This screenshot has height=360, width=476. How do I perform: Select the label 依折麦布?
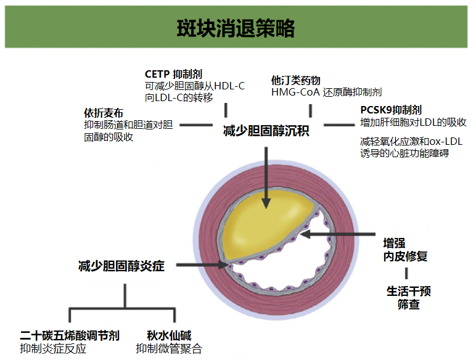pos(103,113)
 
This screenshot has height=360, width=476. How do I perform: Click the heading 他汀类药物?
pos(295,80)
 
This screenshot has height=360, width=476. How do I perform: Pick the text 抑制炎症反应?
pos(53,349)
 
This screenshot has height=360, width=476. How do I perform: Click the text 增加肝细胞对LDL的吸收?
pos(412,122)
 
